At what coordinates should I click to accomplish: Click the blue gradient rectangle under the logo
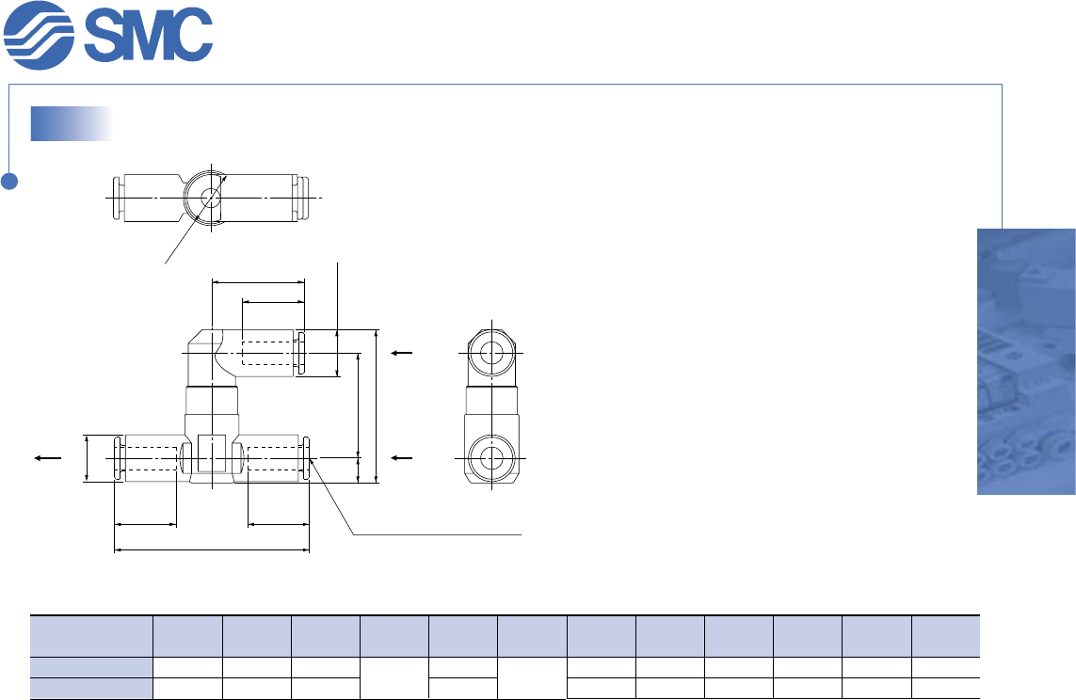click(72, 123)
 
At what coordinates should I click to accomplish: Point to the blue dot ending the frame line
click(8, 181)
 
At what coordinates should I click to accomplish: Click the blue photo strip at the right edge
click(1026, 361)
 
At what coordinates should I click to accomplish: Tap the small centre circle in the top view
click(212, 198)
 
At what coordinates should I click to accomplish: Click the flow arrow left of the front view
click(49, 458)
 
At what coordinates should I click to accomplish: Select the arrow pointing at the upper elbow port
click(401, 353)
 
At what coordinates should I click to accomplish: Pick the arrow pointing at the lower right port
click(401, 458)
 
